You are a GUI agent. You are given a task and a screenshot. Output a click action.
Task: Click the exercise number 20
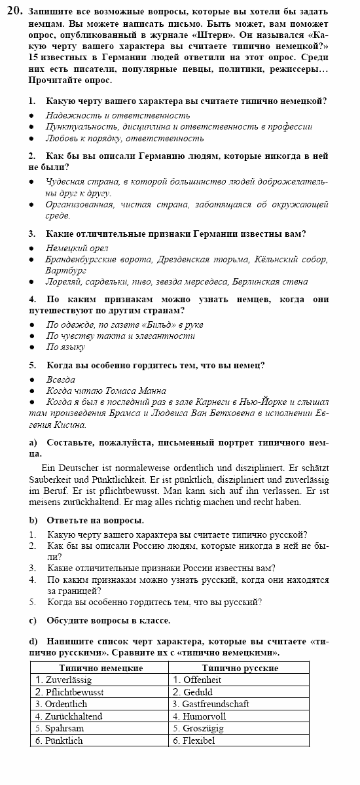[14, 10]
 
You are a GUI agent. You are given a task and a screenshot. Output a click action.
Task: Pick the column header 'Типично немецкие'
[100, 668]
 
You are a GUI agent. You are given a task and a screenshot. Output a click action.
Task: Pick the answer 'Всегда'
[60, 379]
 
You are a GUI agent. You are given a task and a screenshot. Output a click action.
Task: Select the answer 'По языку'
[65, 347]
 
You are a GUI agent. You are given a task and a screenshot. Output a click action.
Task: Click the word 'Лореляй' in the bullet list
[63, 282]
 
